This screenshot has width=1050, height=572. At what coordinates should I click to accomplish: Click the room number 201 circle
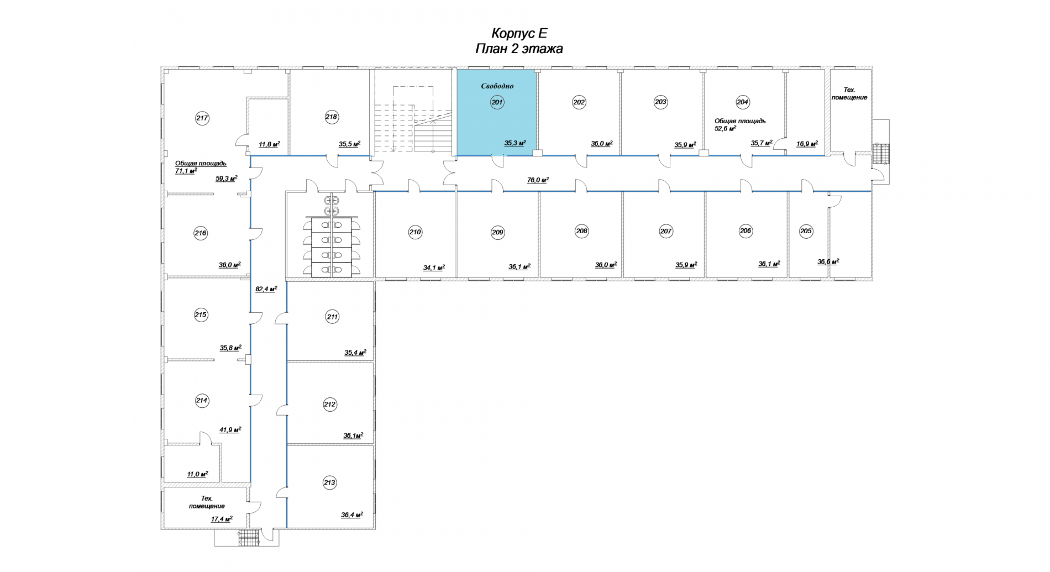tap(497, 102)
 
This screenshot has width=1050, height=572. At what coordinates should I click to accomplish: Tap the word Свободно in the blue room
tap(497, 86)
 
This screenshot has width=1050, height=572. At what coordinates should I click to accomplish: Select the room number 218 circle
tap(332, 117)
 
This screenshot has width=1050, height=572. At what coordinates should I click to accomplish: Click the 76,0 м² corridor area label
tap(538, 180)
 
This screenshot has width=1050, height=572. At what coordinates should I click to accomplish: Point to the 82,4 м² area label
tap(266, 288)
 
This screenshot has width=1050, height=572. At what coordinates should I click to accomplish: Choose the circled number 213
tap(329, 482)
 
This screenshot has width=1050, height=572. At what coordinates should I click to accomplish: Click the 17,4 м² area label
tap(222, 519)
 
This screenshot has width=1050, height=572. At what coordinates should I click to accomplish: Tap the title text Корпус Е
tap(519, 33)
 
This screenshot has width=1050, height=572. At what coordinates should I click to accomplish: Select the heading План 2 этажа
tap(519, 49)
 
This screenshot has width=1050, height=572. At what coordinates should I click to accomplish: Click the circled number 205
tap(806, 231)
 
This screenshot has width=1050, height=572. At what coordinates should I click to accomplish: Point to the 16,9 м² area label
tap(807, 144)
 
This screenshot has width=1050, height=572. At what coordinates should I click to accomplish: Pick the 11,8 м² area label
tap(270, 145)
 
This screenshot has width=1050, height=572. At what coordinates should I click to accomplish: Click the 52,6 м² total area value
tap(726, 129)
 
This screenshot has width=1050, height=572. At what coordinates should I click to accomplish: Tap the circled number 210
tap(415, 232)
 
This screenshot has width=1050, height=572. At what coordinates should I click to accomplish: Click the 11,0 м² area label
tap(197, 474)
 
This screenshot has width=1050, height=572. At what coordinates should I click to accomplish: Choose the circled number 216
tap(201, 233)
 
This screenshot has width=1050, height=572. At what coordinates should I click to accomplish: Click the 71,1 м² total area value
tap(186, 171)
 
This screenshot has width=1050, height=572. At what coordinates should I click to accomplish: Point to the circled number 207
tap(666, 231)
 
